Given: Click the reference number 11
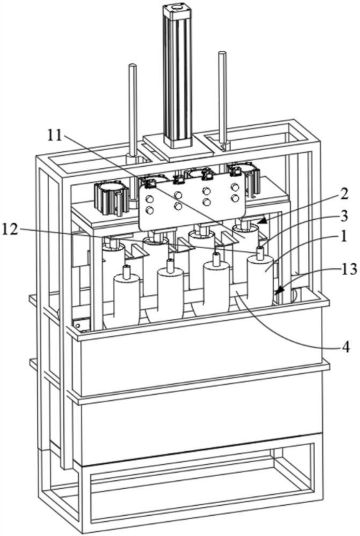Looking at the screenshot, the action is (54, 136).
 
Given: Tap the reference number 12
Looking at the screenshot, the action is (11, 229).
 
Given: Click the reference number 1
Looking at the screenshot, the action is (343, 237).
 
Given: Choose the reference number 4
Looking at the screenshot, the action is (345, 348).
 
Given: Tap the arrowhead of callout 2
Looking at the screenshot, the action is (262, 220).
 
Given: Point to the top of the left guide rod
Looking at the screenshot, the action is (133, 66).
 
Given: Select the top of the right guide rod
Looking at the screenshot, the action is (222, 54).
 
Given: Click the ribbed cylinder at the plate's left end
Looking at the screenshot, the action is (110, 199).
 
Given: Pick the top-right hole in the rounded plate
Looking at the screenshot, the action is (234, 187).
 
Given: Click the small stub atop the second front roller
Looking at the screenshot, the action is (170, 265).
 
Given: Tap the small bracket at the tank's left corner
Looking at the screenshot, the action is (81, 324).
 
